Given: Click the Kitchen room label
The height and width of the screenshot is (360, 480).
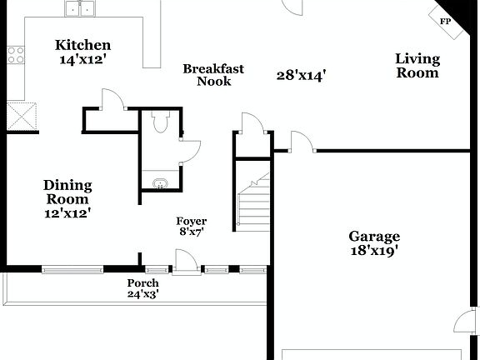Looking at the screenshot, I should [x=82, y=45].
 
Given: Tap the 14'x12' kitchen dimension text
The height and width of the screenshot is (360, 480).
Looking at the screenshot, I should [x=82, y=60].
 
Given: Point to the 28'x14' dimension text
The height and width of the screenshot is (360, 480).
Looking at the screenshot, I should [x=301, y=76].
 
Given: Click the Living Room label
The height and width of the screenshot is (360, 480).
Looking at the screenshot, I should [x=417, y=65].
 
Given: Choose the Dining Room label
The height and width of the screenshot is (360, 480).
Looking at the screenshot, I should [x=67, y=192].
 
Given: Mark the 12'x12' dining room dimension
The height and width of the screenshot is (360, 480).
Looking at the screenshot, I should [x=67, y=213].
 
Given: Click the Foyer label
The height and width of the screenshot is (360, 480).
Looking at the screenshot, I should [x=190, y=221].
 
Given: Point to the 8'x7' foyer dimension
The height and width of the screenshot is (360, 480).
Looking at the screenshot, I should [x=190, y=232].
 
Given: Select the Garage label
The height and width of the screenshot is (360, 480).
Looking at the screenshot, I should [x=374, y=237].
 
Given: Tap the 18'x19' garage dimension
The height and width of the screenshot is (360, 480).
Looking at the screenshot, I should [x=374, y=251].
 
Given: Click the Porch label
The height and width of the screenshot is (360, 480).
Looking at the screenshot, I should [x=142, y=283].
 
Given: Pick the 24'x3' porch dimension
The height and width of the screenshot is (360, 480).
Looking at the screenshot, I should [x=142, y=294].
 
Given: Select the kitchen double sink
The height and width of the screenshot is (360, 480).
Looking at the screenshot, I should [x=80, y=9].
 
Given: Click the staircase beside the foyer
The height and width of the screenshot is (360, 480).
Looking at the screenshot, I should [x=254, y=200].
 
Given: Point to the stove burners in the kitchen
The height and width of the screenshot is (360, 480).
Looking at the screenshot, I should [x=15, y=55].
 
